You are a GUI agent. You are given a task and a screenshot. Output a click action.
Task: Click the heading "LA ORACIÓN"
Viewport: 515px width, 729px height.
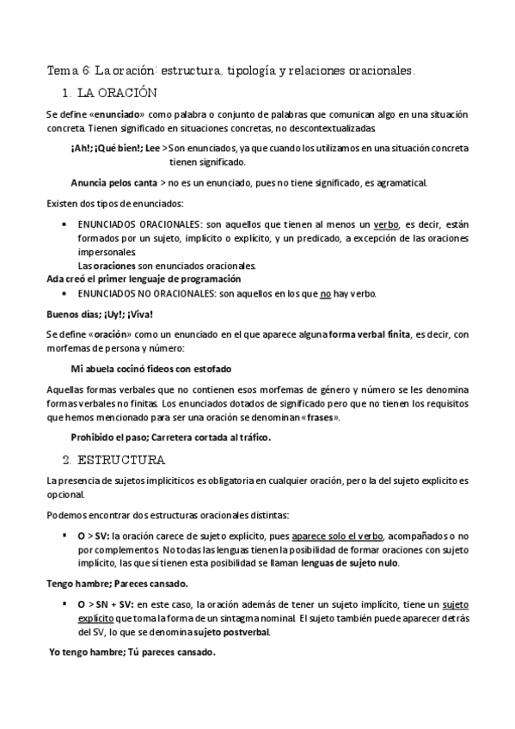[x=117, y=91]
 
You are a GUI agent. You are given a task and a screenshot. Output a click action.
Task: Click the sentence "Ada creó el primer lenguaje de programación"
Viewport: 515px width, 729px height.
[x=143, y=279]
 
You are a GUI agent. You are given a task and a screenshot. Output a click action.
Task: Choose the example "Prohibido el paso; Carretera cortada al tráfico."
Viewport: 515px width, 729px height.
[x=170, y=437]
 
